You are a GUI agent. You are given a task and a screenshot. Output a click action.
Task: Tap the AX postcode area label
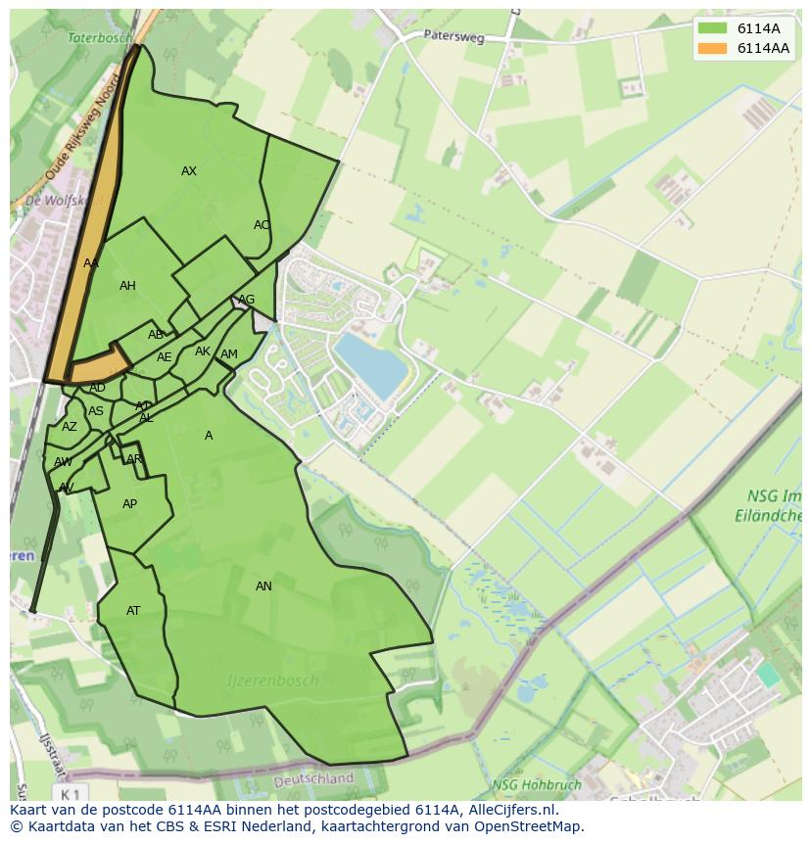tap(189, 171)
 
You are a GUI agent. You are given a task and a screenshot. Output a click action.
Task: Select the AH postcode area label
tap(127, 286)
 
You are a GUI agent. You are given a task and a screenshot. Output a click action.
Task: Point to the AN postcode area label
tap(263, 586)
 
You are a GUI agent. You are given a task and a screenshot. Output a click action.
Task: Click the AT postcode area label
tap(133, 611)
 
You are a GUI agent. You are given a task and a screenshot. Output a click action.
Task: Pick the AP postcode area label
tap(129, 504)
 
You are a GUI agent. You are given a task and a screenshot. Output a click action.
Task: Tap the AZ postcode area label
tap(69, 427)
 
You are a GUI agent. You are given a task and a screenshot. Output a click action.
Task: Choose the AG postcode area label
tap(247, 300)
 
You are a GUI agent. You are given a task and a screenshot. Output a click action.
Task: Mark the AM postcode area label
tap(229, 354)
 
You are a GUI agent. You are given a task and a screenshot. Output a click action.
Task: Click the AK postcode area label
tap(203, 351)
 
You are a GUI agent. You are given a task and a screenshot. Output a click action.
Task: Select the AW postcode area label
tap(63, 462)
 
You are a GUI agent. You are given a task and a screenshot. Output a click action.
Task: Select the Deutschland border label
tap(313, 779)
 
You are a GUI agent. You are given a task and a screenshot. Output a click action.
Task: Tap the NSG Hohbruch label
tap(536, 784)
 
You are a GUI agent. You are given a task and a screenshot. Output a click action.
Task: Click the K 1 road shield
tap(69, 792)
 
